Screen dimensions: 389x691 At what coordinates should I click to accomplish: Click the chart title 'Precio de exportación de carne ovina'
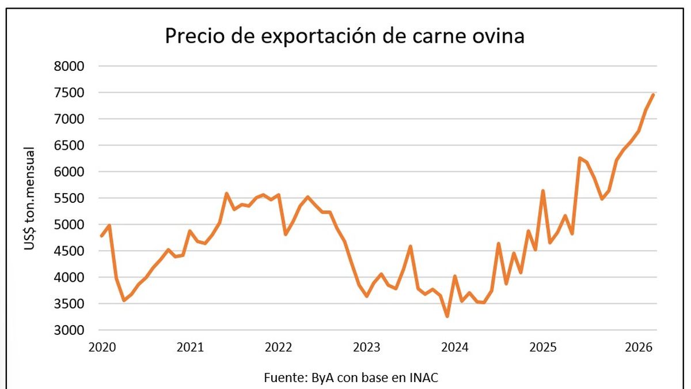tap(345, 36)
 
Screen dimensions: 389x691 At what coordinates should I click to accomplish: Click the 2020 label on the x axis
tap(101, 348)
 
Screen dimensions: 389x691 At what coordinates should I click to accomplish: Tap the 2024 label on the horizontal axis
tap(455, 348)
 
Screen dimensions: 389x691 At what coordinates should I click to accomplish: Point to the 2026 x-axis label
tap(638, 348)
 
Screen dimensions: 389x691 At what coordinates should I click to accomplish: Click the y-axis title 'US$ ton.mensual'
tap(29, 198)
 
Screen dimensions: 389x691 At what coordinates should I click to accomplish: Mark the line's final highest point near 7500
tap(653, 95)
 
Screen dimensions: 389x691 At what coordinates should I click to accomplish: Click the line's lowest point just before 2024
tap(447, 316)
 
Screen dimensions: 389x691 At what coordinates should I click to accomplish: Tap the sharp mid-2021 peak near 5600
tap(226, 193)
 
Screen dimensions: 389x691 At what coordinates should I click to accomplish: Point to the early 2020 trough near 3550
tap(123, 300)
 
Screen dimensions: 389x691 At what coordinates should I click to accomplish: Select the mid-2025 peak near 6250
tap(579, 158)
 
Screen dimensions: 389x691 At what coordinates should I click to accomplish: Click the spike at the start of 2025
tap(542, 190)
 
